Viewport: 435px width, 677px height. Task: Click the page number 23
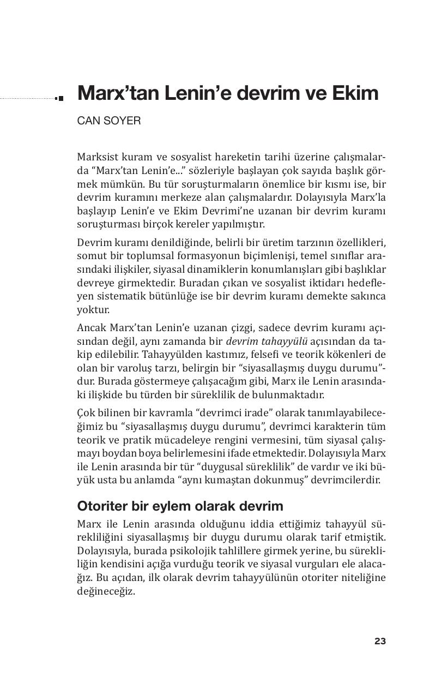(x=380, y=642)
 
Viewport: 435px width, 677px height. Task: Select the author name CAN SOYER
(x=109, y=121)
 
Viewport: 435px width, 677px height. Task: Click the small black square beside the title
(x=60, y=98)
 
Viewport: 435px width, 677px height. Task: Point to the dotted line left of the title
(x=27, y=99)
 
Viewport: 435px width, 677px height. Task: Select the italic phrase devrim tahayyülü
(x=267, y=342)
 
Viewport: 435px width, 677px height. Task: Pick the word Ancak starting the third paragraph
(x=90, y=328)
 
